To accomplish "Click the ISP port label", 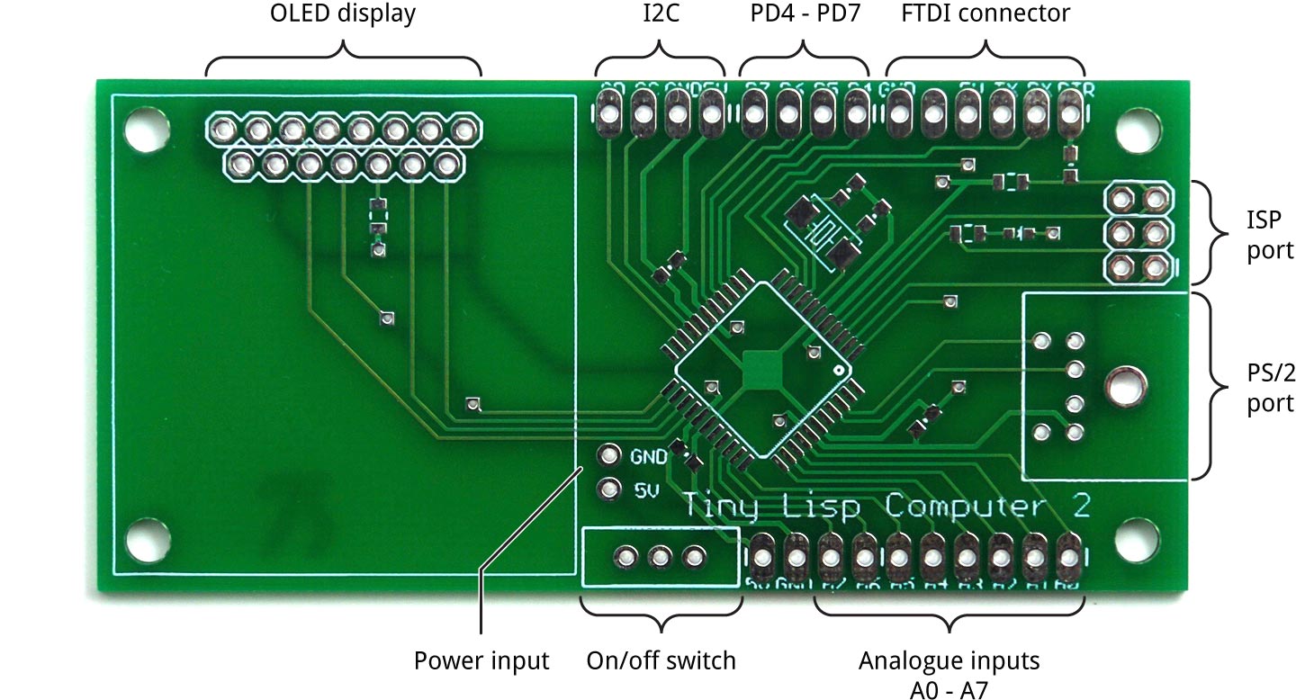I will coord(1269,235).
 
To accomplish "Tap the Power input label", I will coord(481,661).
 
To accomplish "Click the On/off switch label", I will coord(661,661).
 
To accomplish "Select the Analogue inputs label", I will coord(949,661).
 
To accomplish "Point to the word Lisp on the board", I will coord(823,507).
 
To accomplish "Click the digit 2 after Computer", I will coord(1081,507).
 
